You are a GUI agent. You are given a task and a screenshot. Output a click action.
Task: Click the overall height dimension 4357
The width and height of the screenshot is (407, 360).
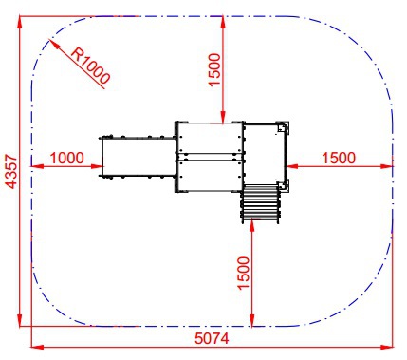[x=11, y=171]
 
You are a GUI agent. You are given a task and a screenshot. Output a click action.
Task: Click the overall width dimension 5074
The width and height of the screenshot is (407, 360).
[x=212, y=338]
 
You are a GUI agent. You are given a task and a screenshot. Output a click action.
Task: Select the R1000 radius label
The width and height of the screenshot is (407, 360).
[x=90, y=66]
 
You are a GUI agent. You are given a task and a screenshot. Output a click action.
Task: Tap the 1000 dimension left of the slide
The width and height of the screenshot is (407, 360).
[x=67, y=158]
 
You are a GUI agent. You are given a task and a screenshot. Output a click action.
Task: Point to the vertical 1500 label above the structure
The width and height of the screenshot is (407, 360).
[x=214, y=69]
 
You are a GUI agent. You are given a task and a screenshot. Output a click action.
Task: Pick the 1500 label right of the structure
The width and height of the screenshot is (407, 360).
[x=339, y=158]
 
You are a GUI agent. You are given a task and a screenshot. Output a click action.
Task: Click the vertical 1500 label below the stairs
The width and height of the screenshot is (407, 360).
[x=244, y=273]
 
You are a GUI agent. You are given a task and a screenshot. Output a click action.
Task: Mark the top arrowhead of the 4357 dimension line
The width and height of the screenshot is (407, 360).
[x=20, y=22]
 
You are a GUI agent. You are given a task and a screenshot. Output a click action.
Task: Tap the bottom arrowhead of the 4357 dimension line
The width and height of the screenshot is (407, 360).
[x=20, y=319]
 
